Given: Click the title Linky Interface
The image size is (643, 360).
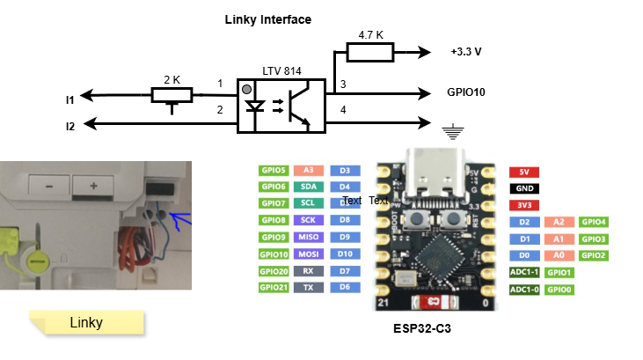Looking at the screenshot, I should pos(267,19).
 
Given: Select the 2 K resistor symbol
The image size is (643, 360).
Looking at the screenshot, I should pos(172,94).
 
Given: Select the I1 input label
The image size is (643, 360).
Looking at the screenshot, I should pos(70,99).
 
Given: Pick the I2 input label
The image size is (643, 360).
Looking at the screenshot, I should pos(70,126).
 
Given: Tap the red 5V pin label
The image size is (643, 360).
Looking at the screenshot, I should pos(524,173).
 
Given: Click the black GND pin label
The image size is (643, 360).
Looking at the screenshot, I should pos(524,188).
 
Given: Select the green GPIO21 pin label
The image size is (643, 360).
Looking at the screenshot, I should pos(274,288).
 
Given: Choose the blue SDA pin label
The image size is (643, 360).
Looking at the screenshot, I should pos(309,187).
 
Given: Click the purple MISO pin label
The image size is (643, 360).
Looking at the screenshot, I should pos(309,238).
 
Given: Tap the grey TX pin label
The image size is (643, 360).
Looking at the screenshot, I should pos(309,288).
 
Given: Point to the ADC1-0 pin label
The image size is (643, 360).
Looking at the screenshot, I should pos(524,288).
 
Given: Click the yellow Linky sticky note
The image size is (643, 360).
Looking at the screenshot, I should pos(86,323).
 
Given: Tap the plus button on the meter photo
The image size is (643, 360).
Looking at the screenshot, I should pos(91,187).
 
